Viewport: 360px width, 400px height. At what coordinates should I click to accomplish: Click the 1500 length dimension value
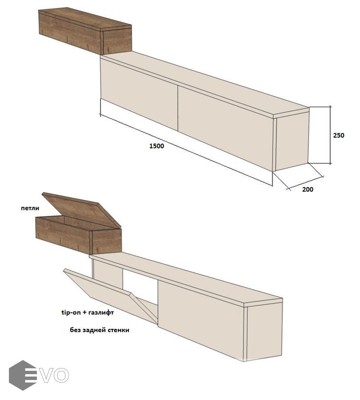pyautogui.click(x=156, y=146)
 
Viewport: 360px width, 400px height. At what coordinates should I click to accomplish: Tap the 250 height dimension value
pyautogui.click(x=339, y=135)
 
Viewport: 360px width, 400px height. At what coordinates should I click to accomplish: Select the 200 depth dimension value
pyautogui.click(x=308, y=189)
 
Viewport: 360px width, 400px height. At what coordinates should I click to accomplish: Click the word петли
pyautogui.click(x=30, y=208)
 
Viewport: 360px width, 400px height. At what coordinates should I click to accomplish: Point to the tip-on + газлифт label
pyautogui.click(x=88, y=312)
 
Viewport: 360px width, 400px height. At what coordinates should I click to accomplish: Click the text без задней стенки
pyautogui.click(x=100, y=330)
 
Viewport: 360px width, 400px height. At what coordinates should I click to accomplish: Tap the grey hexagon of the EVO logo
pyautogui.click(x=19, y=375)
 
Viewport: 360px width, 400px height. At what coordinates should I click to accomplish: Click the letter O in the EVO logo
pyautogui.click(x=61, y=375)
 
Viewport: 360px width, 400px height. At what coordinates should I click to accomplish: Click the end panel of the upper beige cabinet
pyautogui.click(x=292, y=142)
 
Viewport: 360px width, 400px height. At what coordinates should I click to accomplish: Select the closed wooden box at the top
pyautogui.click(x=85, y=31)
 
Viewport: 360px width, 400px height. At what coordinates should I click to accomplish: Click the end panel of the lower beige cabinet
pyautogui.click(x=264, y=332)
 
